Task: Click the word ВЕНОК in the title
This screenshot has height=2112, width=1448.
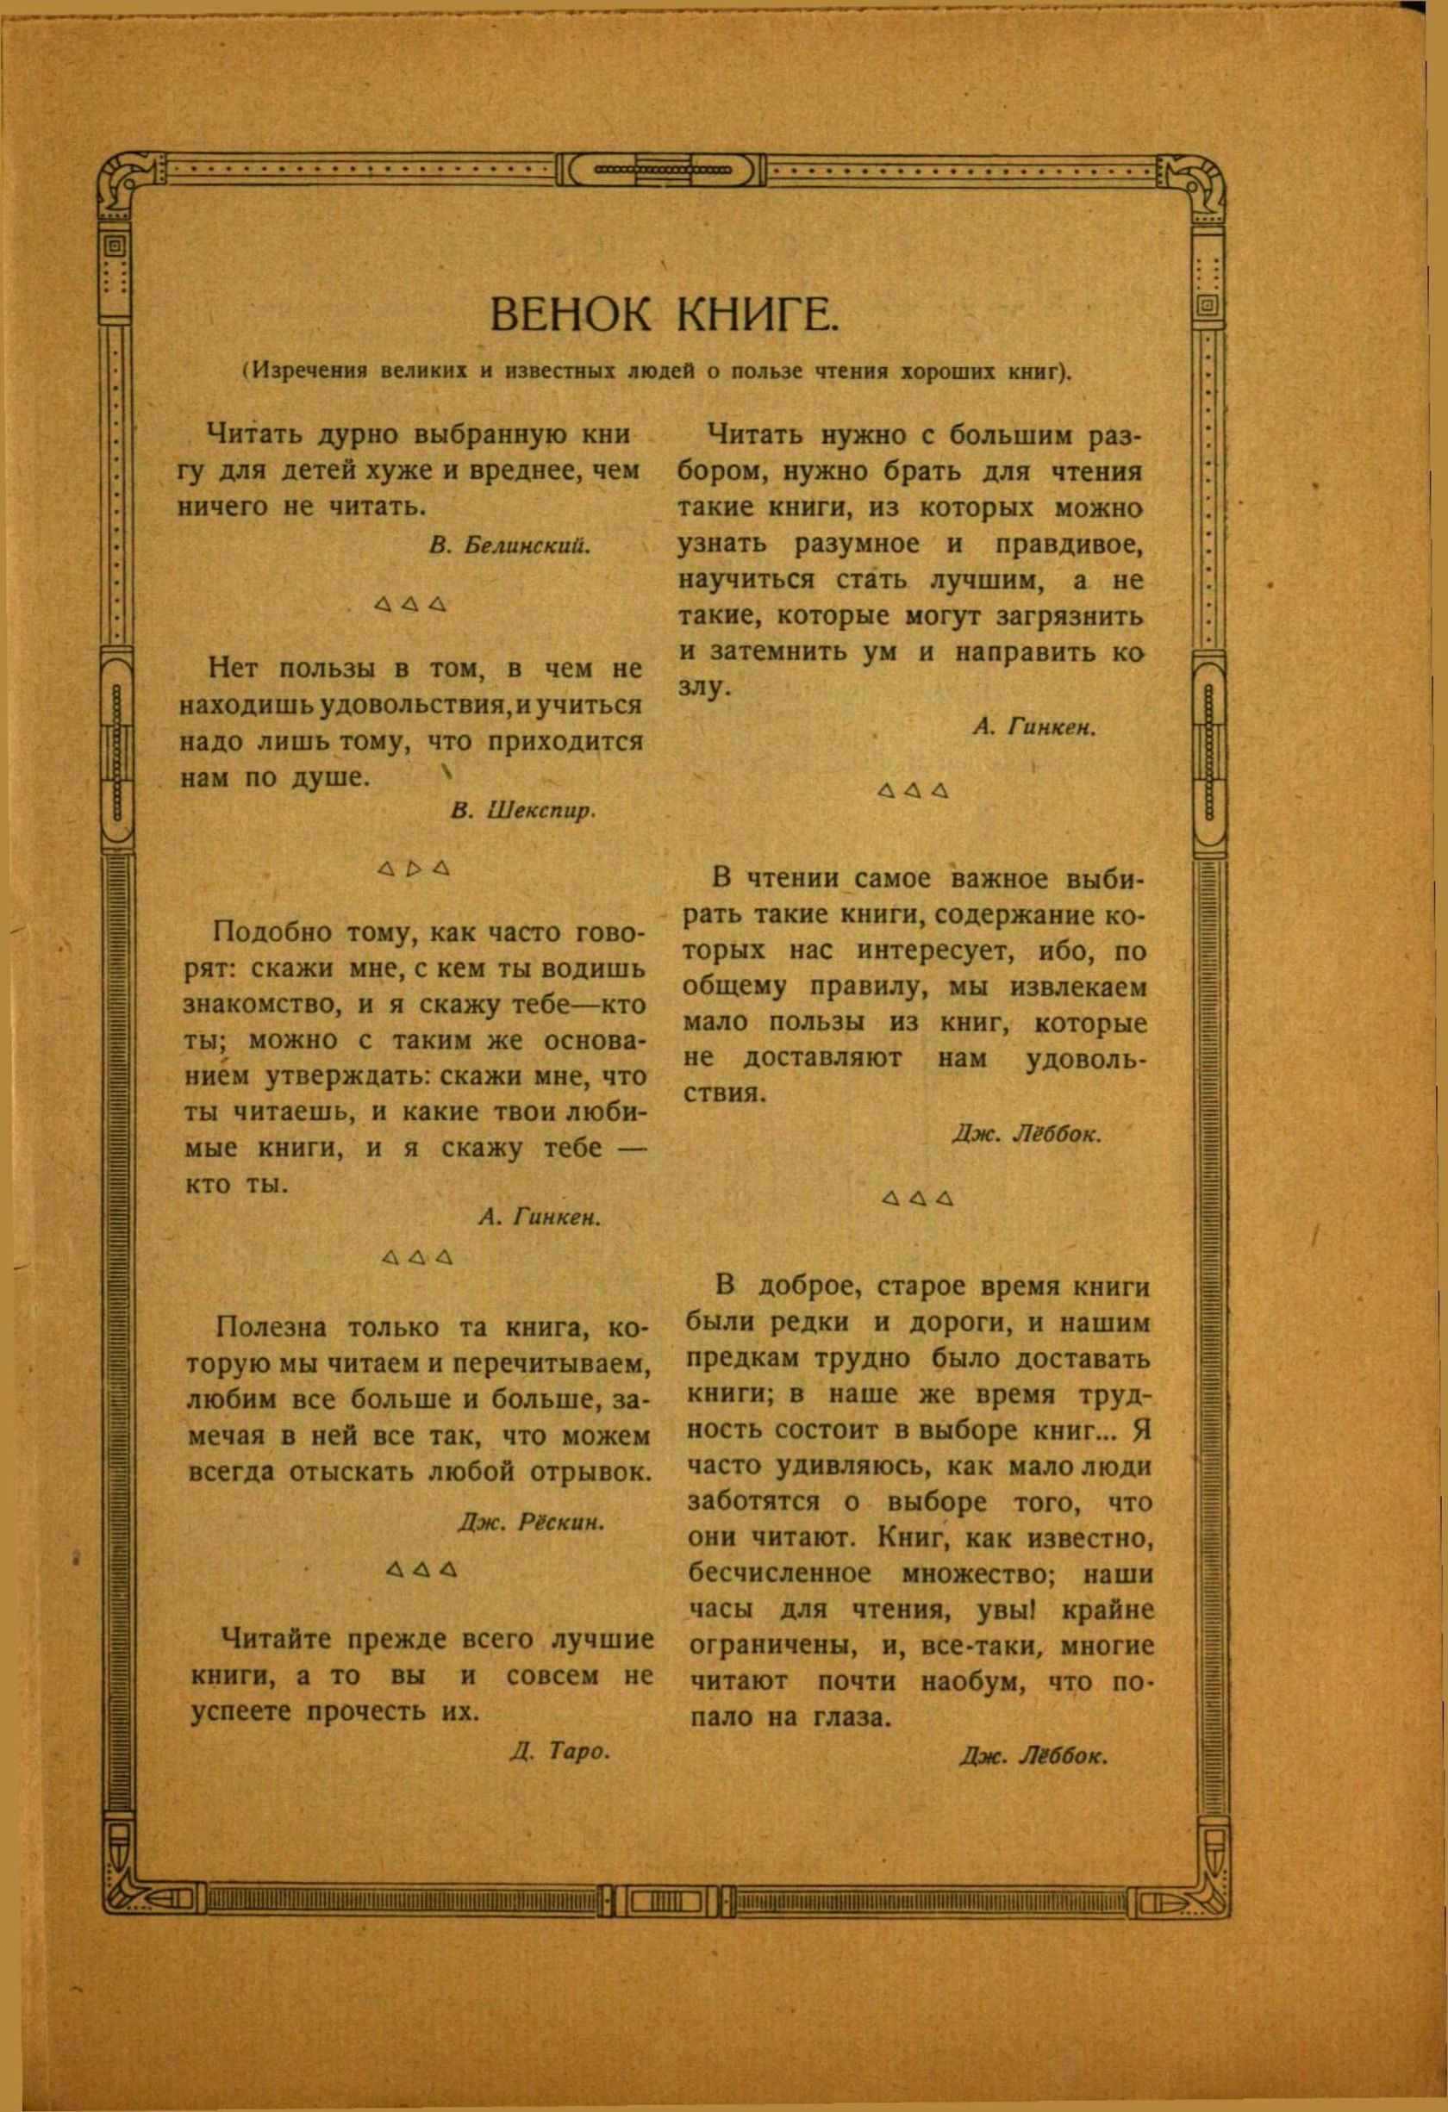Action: point(570,315)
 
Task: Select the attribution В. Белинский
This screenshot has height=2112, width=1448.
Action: point(510,545)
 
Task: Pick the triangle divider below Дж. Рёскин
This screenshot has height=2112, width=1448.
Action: point(420,1569)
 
